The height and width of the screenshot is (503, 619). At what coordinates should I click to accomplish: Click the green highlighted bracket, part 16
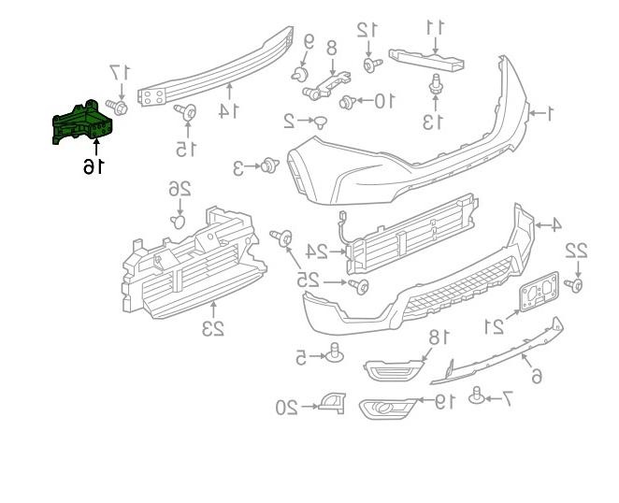[82, 122]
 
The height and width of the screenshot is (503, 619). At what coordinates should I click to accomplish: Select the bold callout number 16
[94, 165]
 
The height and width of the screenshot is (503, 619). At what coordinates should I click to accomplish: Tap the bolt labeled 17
[117, 107]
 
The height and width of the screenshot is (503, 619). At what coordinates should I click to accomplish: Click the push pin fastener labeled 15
[186, 112]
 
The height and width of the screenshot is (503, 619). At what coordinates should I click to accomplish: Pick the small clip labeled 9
[300, 74]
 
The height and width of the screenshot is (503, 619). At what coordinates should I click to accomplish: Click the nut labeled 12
[372, 65]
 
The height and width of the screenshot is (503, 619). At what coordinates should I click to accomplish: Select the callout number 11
[436, 27]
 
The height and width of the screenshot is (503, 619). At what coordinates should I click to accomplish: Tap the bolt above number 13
[436, 84]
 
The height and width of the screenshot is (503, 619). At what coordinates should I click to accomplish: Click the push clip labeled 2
[321, 122]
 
